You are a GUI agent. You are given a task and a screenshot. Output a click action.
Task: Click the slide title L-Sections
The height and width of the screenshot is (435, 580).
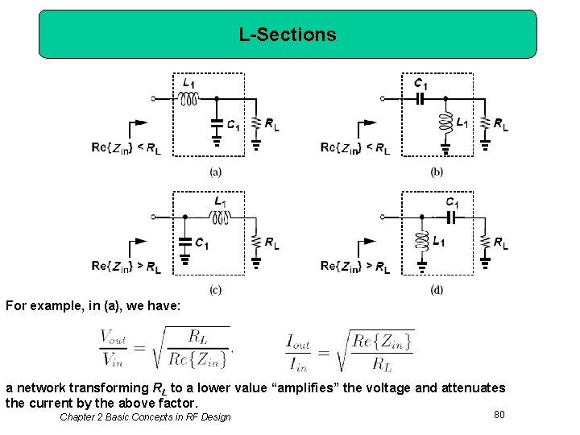click(x=288, y=35)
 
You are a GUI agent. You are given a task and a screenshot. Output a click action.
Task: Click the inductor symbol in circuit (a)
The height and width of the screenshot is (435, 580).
click(x=188, y=99)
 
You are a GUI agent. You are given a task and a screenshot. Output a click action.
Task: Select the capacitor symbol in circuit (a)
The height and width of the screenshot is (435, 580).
click(x=215, y=124)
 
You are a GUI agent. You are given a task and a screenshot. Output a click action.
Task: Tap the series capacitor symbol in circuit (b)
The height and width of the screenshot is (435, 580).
click(x=420, y=99)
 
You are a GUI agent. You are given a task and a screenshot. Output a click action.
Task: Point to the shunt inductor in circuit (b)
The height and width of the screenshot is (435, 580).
click(x=445, y=123)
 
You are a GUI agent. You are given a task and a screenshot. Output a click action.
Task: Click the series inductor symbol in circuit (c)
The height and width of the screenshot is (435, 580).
click(x=220, y=217)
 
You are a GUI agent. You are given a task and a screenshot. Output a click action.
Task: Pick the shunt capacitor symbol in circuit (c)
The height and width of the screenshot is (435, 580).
click(x=184, y=242)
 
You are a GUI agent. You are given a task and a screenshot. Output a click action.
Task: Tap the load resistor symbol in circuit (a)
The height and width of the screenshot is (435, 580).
click(x=256, y=123)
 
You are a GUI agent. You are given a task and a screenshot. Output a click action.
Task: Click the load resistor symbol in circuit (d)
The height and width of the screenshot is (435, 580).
click(x=485, y=242)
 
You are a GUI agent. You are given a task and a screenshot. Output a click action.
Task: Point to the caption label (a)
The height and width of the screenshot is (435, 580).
click(x=215, y=171)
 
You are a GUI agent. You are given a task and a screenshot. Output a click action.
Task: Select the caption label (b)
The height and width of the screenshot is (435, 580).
click(x=437, y=171)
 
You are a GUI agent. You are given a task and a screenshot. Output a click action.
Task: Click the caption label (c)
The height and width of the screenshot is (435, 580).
click(x=215, y=289)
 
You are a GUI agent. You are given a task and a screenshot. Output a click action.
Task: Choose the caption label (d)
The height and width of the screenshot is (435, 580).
click(x=437, y=289)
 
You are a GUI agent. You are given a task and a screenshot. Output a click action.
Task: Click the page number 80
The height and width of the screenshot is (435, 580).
click(x=499, y=414)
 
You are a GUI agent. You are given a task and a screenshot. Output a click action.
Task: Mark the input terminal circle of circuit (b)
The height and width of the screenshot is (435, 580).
click(x=383, y=99)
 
